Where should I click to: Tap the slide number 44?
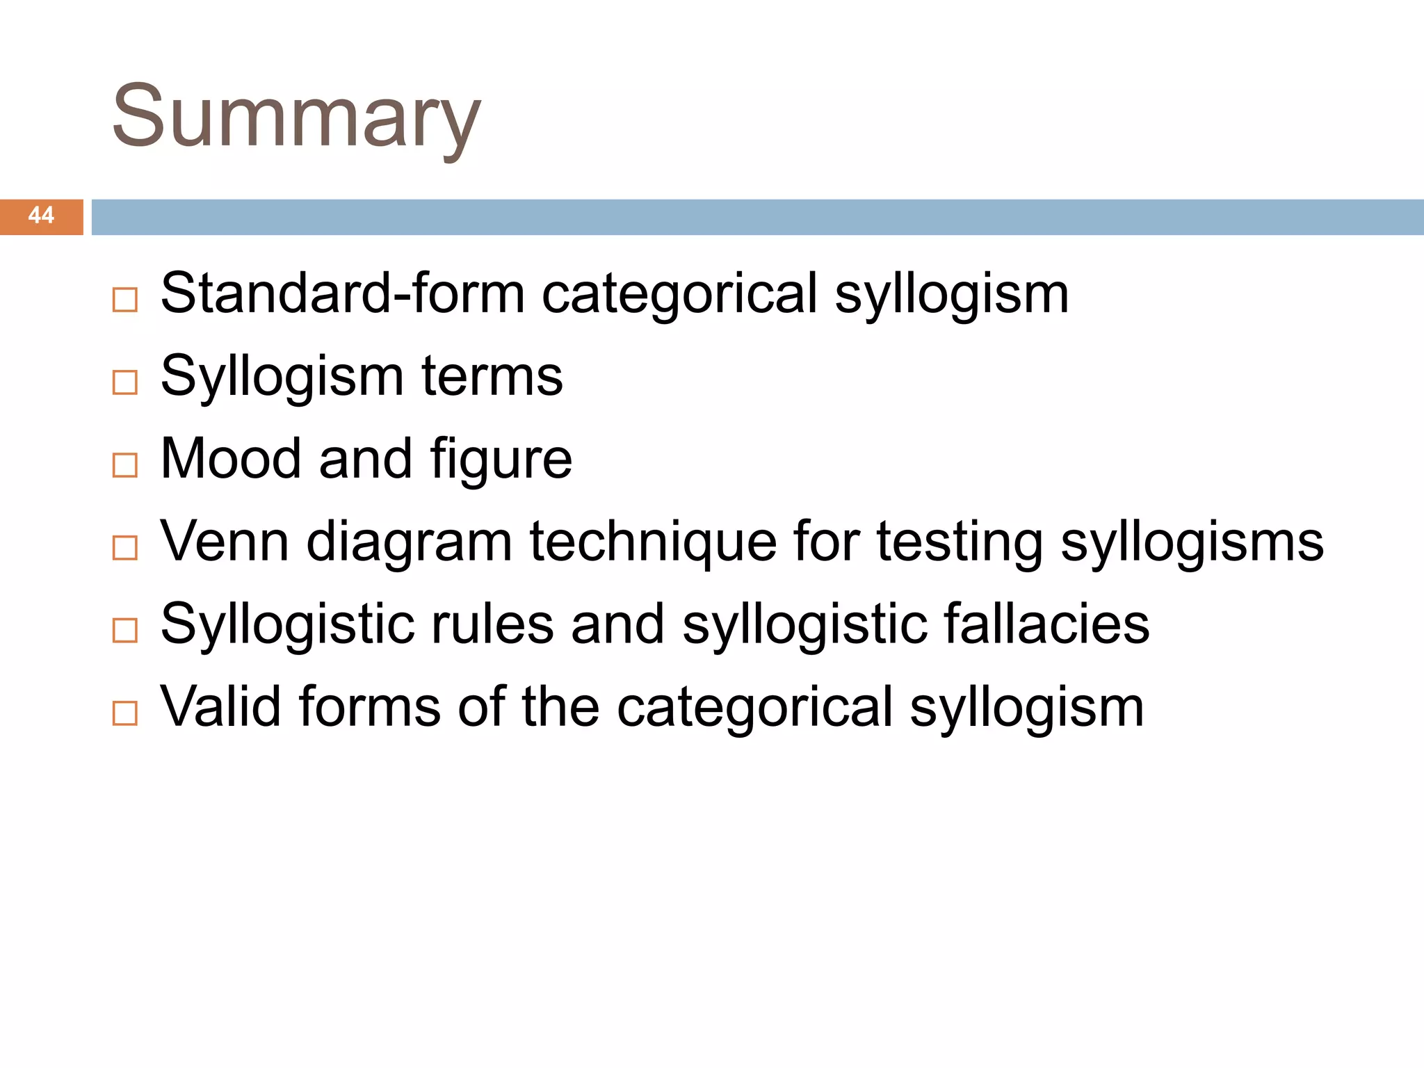pyautogui.click(x=41, y=216)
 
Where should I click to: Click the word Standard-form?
pyautogui.click(x=342, y=293)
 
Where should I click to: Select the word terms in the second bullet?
pyautogui.click(x=492, y=376)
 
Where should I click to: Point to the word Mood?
pyautogui.click(x=231, y=459)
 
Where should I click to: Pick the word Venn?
pyautogui.click(x=224, y=541)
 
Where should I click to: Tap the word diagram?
pyautogui.click(x=409, y=542)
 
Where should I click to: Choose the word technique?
pyautogui.click(x=652, y=542)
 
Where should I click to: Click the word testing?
pyautogui.click(x=960, y=542)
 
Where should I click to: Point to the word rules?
pyautogui.click(x=492, y=624)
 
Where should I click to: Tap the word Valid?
pyautogui.click(x=221, y=706)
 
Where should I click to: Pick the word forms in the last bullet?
pyautogui.click(x=370, y=706)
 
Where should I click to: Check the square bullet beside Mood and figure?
pyautogui.click(x=125, y=465)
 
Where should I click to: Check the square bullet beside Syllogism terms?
pyautogui.click(x=125, y=382)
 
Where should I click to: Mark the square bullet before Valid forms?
pyautogui.click(x=125, y=713)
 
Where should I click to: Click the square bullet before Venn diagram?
pyautogui.click(x=125, y=548)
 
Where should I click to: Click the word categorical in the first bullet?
pyautogui.click(x=679, y=293)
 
